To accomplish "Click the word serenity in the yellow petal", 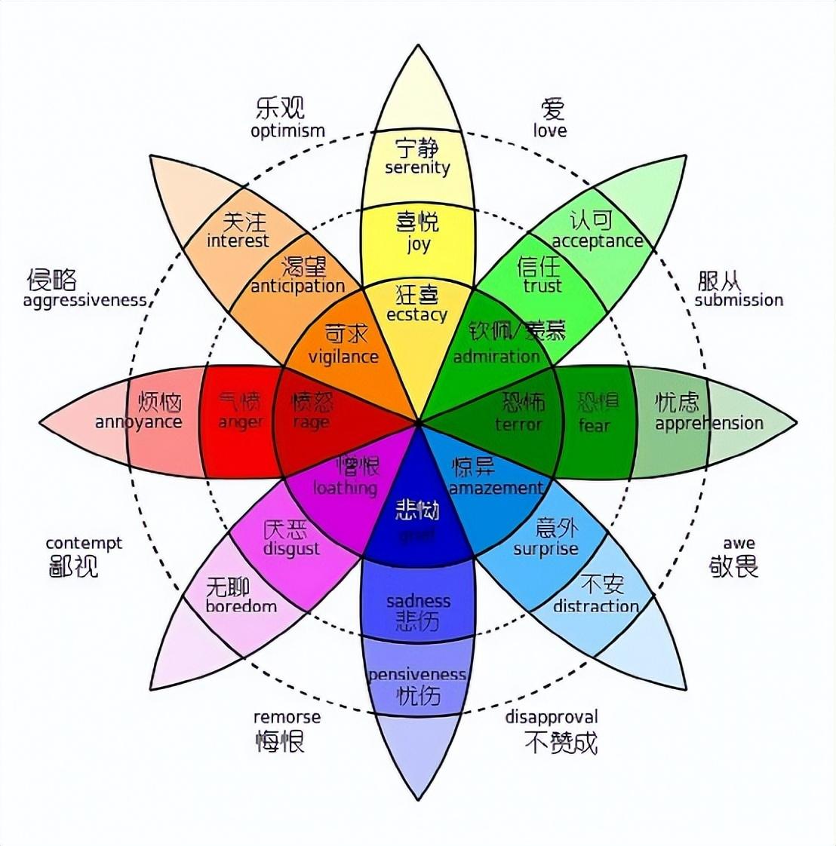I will coord(417,167).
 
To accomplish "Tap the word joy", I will coord(418,244).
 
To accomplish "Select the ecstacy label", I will coord(416,314).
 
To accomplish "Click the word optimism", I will coord(287,130).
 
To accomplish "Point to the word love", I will coord(550,130).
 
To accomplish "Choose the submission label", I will coord(739,300).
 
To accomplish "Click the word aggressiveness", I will coord(85,301).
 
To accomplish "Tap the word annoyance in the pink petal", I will coord(139,421).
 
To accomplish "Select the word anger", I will coord(241,422).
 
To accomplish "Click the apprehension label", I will coord(709,423).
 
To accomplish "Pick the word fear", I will coord(594,425).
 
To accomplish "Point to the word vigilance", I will coord(343,356).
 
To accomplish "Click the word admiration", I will coord(496,356).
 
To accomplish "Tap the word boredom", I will coord(241,606).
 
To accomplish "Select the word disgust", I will coord(291,549).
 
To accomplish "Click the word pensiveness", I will coord(417,674).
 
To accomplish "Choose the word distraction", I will coord(596,606).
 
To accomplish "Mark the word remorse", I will coord(287,717).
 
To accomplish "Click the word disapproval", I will coord(552,717).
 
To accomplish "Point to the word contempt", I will coord(84,543).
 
